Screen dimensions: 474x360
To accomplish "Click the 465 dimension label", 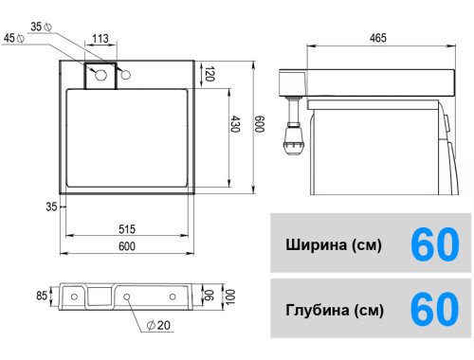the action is coord(378,38).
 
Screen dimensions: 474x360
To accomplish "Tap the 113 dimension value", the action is coord(100,39).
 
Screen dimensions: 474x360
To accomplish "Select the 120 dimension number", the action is coord(210,74).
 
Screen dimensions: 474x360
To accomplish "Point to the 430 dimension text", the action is coord(235,124).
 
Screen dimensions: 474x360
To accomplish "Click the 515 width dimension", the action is coord(127,229).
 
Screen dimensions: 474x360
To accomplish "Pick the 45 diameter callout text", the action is coord(13,38).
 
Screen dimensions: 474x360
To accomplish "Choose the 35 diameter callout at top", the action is coord(42,27).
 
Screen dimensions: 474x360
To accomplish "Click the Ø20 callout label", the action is coord(159,325).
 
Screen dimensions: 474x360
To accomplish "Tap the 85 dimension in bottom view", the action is coord(42,296).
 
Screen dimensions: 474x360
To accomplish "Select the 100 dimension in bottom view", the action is coord(230,297).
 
